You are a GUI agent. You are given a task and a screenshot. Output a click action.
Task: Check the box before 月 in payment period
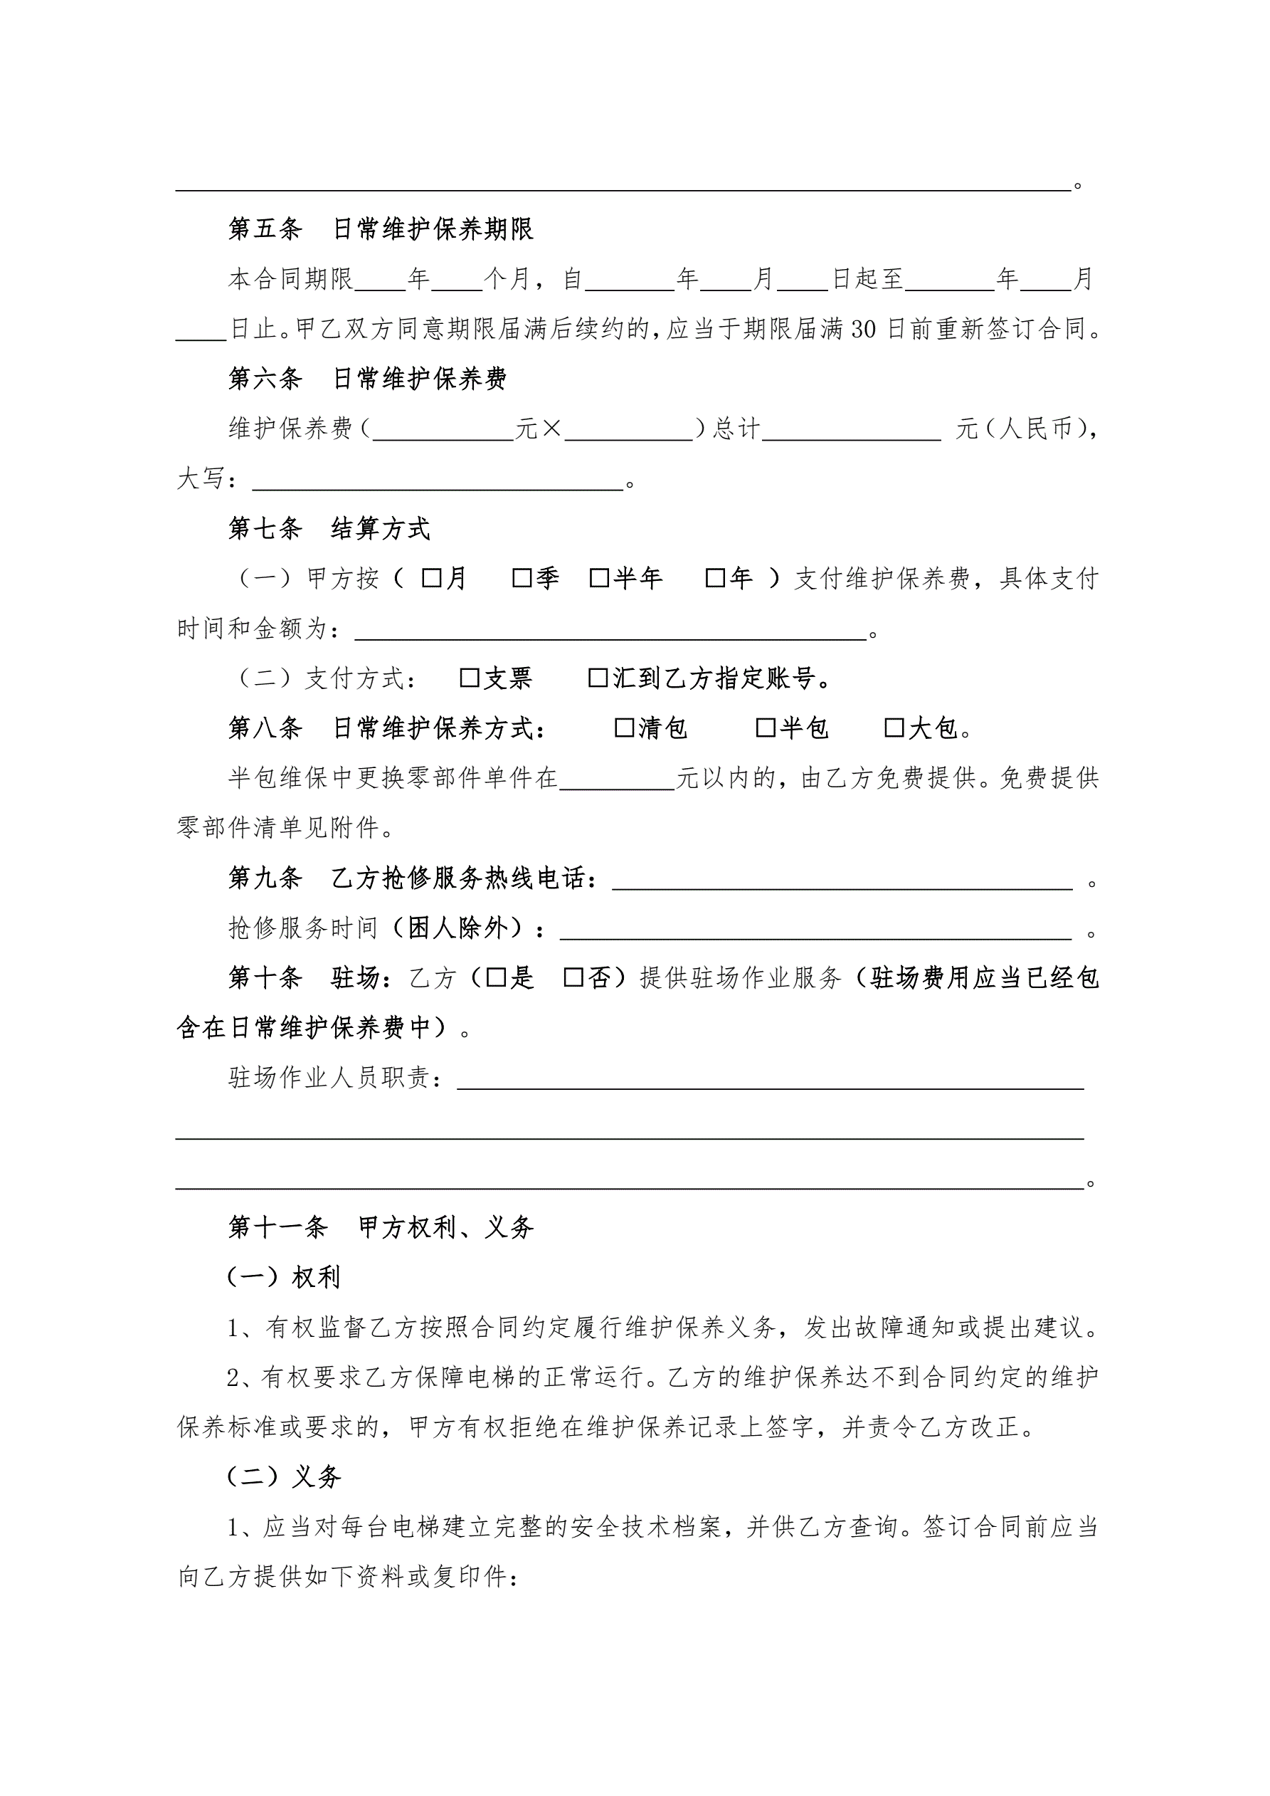[x=431, y=579]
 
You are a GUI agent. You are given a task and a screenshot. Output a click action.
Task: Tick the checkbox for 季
[x=522, y=579]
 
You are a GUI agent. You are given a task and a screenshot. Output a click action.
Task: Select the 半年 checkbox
[x=599, y=579]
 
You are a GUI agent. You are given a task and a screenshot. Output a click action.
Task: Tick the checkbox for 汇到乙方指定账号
[x=598, y=678]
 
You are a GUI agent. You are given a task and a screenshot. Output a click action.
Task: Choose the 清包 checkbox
[x=624, y=728]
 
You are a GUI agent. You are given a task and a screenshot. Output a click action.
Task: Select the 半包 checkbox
[x=765, y=728]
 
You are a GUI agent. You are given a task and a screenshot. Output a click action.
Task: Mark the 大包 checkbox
[x=893, y=728]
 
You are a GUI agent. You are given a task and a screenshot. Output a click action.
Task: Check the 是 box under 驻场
[x=496, y=978]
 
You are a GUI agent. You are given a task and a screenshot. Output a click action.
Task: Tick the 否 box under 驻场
[x=573, y=978]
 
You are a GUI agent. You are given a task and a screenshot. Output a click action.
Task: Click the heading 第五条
[x=265, y=229]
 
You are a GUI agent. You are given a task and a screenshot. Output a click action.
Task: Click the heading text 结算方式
[x=380, y=529]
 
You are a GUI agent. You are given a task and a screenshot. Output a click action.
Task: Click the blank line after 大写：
[x=438, y=480]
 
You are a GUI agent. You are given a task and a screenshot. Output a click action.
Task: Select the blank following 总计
[x=851, y=430]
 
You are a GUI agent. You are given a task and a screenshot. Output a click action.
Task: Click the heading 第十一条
[x=277, y=1227]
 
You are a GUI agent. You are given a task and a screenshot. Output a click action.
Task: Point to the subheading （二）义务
[x=284, y=1477]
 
